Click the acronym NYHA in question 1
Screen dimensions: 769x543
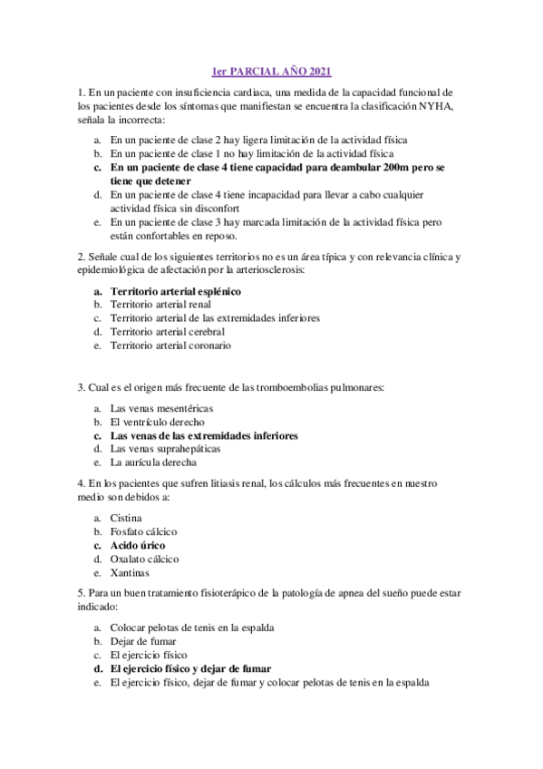[439, 106]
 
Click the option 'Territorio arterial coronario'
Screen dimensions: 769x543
[170, 346]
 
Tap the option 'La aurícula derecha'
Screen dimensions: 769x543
[153, 462]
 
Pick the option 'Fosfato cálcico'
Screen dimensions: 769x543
[143, 531]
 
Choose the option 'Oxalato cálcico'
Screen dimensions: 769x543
[145, 560]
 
